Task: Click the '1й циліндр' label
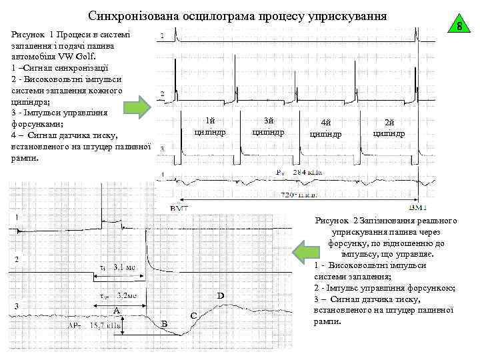[x=211, y=125]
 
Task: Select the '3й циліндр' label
[x=268, y=125]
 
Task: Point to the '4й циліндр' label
[x=325, y=128]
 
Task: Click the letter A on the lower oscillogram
[x=116, y=310]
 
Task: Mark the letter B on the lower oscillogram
[x=164, y=324]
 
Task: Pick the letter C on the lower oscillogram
[x=193, y=315]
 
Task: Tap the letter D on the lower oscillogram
[x=220, y=295]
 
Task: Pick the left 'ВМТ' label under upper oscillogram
[x=179, y=208]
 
